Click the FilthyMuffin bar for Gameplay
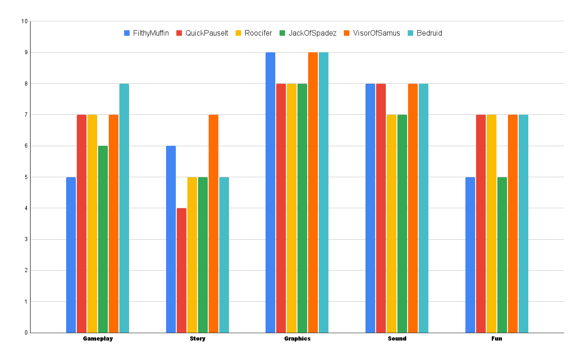[x=71, y=254]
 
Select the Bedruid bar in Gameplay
[x=124, y=208]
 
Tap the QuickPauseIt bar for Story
[x=181, y=270]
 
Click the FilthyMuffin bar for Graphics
[x=270, y=192]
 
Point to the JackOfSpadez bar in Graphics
[x=302, y=208]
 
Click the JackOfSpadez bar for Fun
[x=502, y=254]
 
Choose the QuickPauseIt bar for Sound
[x=381, y=208]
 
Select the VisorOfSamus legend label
[x=377, y=33]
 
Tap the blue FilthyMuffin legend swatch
[x=127, y=33]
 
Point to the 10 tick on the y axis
[x=25, y=21]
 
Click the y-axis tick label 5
[x=26, y=177]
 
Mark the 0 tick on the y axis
[x=26, y=333]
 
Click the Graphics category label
[x=297, y=339]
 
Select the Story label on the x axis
[x=198, y=339]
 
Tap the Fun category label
[x=496, y=339]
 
